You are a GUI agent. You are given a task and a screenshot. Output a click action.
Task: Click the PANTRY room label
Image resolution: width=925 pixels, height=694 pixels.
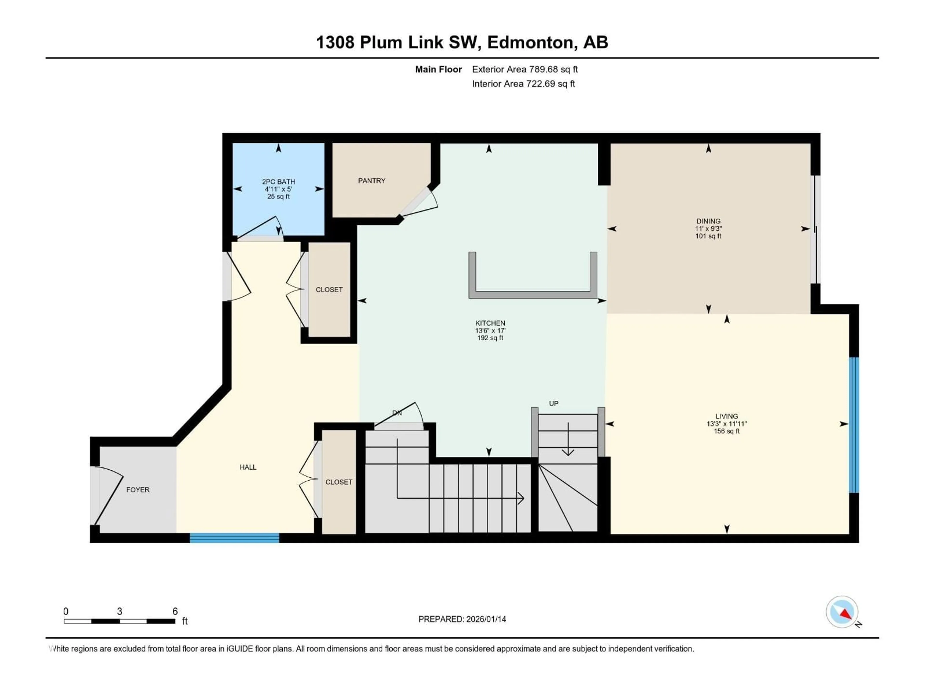click(x=371, y=181)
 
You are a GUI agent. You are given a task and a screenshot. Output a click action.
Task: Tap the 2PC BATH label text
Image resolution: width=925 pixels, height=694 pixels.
click(x=278, y=181)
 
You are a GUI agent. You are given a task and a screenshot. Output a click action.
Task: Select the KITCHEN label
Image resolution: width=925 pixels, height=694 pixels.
click(x=490, y=323)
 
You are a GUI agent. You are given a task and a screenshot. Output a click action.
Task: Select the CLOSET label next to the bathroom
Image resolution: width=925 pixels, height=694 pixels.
click(x=329, y=289)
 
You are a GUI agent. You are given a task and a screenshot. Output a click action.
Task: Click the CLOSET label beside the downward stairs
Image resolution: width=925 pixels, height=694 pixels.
click(x=339, y=482)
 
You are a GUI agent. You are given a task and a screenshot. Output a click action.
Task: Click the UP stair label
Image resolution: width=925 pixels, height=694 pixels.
click(x=553, y=403)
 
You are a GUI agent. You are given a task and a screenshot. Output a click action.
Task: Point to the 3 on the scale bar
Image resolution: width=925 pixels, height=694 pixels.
click(x=119, y=611)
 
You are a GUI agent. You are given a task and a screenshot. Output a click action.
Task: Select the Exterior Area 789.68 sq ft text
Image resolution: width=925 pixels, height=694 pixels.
click(x=525, y=69)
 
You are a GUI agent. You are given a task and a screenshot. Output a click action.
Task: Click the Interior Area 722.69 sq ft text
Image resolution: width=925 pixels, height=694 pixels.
click(x=523, y=84)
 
